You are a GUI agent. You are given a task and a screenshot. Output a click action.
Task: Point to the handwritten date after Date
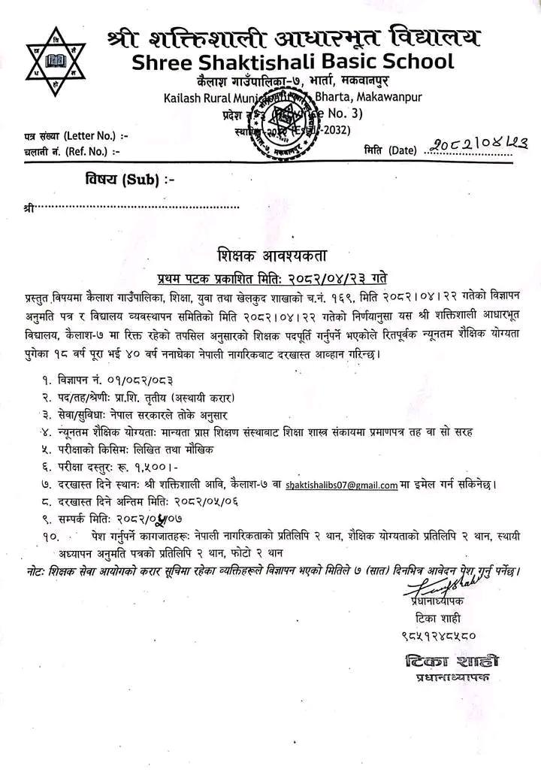coord(472,149)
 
